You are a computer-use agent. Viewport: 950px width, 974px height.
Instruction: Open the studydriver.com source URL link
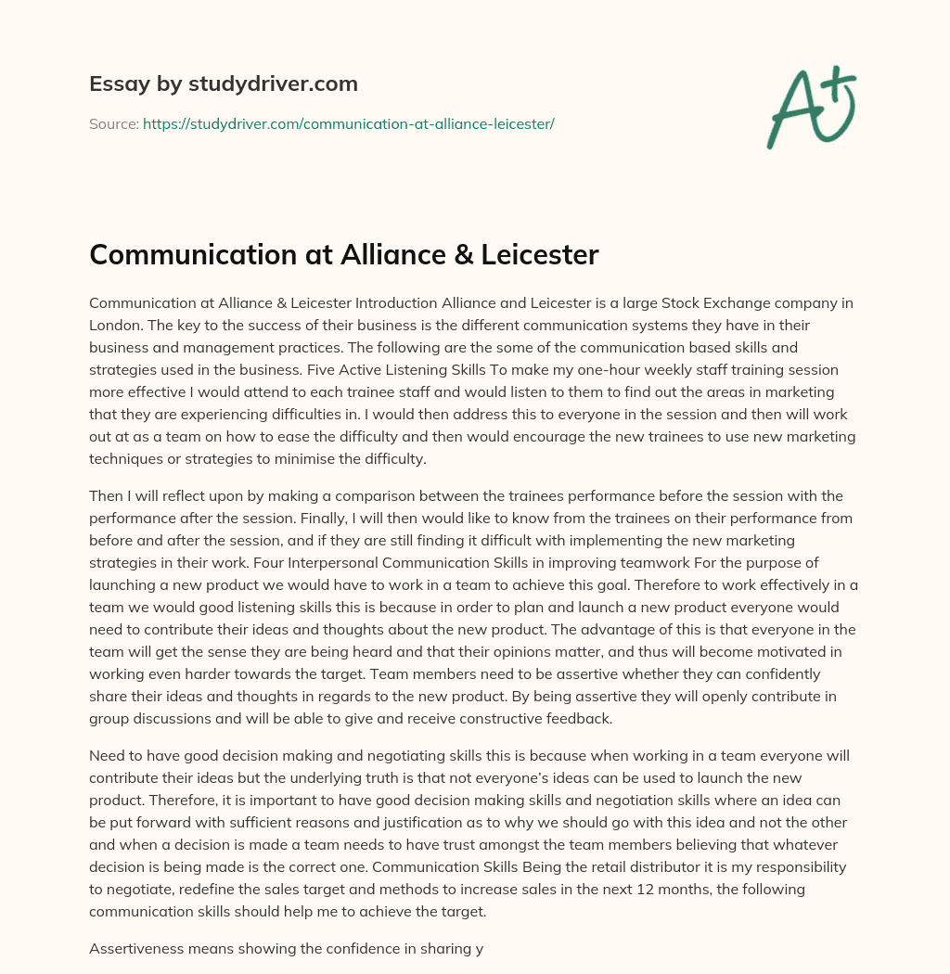[348, 123]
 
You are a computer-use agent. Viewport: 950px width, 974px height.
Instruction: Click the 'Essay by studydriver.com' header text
[224, 83]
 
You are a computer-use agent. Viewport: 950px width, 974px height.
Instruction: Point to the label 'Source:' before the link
[113, 123]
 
